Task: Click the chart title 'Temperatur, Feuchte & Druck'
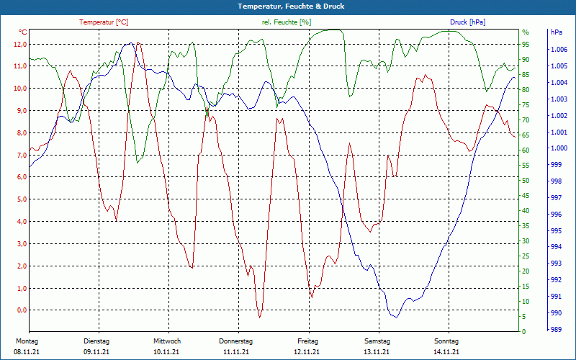click(288, 6)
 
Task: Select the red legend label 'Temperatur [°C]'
click(104, 22)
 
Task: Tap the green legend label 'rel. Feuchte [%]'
click(287, 22)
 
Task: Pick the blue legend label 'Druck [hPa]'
click(467, 22)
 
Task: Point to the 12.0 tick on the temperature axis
click(19, 44)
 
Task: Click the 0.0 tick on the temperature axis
click(21, 310)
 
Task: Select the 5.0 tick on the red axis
click(21, 199)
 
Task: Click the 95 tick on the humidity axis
click(526, 44)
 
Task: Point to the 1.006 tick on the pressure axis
click(558, 50)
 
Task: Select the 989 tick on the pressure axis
click(556, 329)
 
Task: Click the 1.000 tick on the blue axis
click(558, 148)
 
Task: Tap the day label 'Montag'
click(27, 341)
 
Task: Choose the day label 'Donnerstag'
click(236, 341)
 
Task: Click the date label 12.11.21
click(307, 352)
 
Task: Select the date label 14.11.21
click(446, 352)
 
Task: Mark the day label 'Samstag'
click(377, 341)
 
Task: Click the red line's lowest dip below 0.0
click(260, 317)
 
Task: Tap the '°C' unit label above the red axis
click(23, 32)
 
